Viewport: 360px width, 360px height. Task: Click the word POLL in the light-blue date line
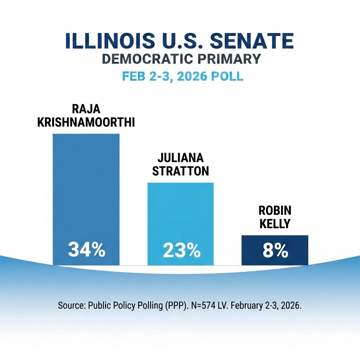pyautogui.click(x=227, y=76)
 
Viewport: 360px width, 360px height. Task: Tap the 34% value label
pyautogui.click(x=86, y=250)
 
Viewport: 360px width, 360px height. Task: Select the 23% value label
pyautogui.click(x=181, y=250)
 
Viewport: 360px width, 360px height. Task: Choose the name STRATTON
pyautogui.click(x=181, y=171)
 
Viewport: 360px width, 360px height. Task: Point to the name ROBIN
pyautogui.click(x=275, y=211)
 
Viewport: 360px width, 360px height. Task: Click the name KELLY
pyautogui.click(x=275, y=224)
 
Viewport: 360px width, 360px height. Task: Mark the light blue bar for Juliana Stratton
pyautogui.click(x=181, y=211)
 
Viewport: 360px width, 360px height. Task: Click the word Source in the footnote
pyautogui.click(x=70, y=306)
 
